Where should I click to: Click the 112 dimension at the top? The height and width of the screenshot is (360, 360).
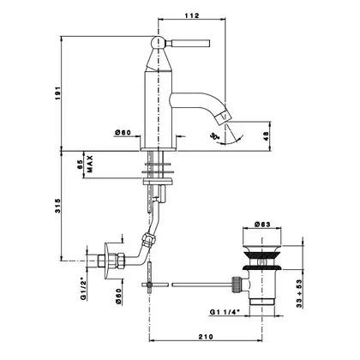pos(192,15)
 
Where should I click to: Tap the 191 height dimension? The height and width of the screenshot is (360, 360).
pos(58,93)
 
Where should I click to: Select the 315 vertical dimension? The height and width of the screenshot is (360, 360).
pos(58,206)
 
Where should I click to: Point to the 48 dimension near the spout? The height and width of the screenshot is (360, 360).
pos(267,136)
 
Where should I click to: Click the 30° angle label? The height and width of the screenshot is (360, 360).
pos(214,136)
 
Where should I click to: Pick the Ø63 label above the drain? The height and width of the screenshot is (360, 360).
pos(262,225)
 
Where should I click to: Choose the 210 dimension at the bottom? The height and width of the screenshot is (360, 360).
pos(206,337)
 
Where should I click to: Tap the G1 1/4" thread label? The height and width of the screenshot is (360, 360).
pos(225,312)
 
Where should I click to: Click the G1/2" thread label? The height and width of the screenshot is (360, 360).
pos(83,288)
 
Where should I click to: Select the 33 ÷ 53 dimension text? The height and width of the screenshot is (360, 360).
pos(299,293)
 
